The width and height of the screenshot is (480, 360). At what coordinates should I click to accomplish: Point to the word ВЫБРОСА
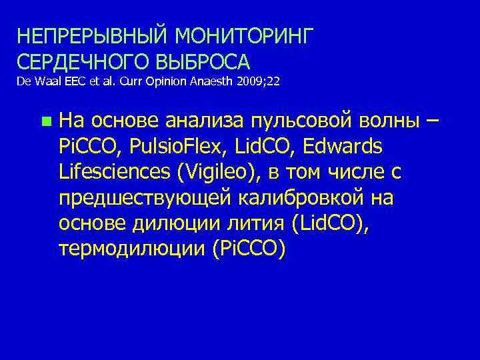coord(204,62)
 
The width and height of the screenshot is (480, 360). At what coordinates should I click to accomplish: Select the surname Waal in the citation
coord(41,83)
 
